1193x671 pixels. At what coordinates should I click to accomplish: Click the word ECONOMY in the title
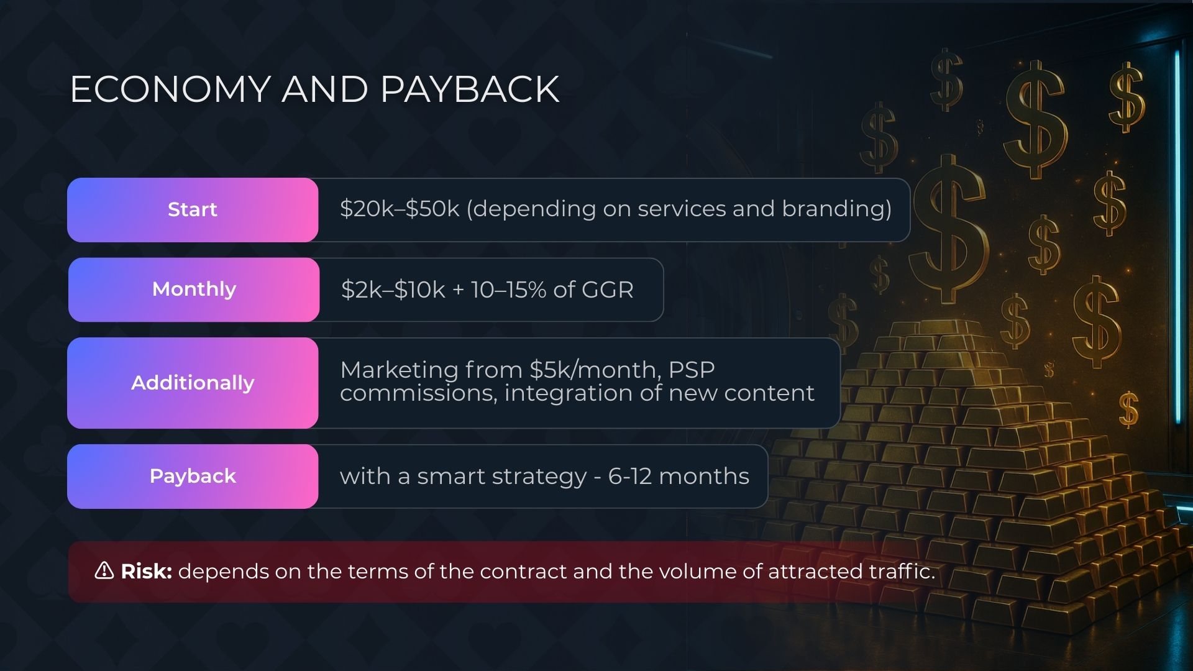pyautogui.click(x=170, y=89)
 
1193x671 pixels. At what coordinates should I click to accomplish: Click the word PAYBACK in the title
pyautogui.click(x=470, y=89)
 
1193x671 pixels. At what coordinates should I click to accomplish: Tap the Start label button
pyautogui.click(x=193, y=210)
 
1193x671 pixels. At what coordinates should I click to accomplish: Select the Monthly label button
pyautogui.click(x=194, y=290)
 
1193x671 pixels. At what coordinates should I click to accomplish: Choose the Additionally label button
pyautogui.click(x=193, y=383)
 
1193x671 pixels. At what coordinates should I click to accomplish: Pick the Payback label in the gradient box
pyautogui.click(x=193, y=477)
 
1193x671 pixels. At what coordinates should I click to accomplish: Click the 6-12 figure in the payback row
pyautogui.click(x=630, y=477)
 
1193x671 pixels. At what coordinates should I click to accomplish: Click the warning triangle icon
pyautogui.click(x=104, y=570)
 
